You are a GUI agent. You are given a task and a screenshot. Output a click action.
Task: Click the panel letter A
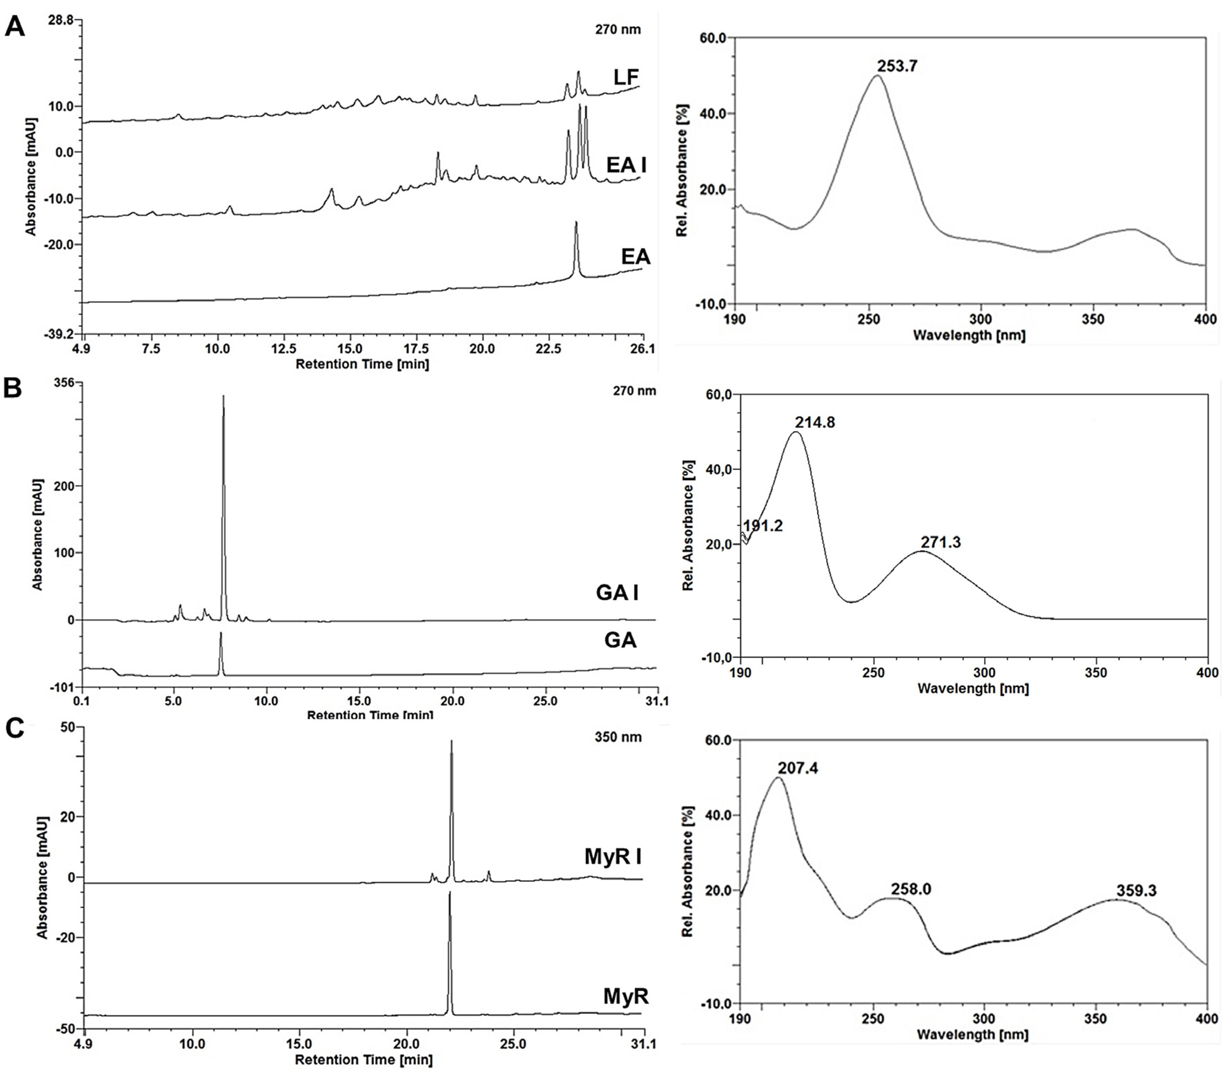click(x=15, y=27)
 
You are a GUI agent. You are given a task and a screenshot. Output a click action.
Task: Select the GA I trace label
click(x=617, y=593)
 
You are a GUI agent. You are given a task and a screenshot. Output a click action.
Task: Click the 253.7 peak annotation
click(x=897, y=66)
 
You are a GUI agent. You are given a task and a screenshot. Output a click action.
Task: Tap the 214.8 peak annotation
click(x=815, y=423)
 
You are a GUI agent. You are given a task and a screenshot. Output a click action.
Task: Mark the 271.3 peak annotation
click(x=941, y=542)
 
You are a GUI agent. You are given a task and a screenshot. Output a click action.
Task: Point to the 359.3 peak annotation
click(x=1136, y=891)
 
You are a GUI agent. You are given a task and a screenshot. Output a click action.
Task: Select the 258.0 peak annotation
click(x=911, y=889)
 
